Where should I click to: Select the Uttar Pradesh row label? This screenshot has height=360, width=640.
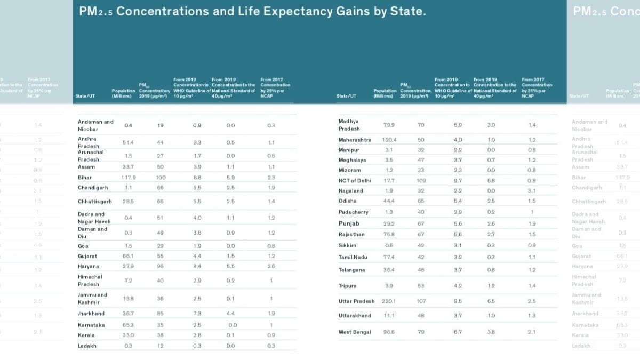(x=356, y=301)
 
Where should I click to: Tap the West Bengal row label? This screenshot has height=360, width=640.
(x=354, y=332)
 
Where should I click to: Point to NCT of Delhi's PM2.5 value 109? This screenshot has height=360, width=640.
(x=421, y=180)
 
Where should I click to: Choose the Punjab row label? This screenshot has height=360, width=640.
(x=349, y=223)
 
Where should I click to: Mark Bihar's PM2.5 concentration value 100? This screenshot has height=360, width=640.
(x=161, y=178)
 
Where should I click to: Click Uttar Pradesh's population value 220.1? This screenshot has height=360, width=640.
(x=389, y=301)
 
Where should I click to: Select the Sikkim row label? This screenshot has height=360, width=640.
(x=347, y=245)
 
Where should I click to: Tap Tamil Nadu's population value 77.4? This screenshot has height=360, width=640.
(x=388, y=257)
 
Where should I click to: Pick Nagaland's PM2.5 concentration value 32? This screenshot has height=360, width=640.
(x=421, y=190)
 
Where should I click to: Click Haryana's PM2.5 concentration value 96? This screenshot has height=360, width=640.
(x=160, y=266)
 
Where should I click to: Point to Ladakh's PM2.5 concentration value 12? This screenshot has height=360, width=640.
(x=160, y=346)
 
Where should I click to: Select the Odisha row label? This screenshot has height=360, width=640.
(x=347, y=201)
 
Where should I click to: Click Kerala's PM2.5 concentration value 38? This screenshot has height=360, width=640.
(x=160, y=335)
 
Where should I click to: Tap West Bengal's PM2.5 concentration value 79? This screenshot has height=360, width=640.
(x=421, y=332)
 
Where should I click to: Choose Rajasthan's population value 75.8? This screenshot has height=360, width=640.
(x=388, y=234)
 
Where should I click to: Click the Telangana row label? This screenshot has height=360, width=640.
(x=351, y=270)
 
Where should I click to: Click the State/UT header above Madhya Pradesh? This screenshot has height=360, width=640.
(x=347, y=96)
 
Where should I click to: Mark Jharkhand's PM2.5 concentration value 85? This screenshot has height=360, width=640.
(x=160, y=314)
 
